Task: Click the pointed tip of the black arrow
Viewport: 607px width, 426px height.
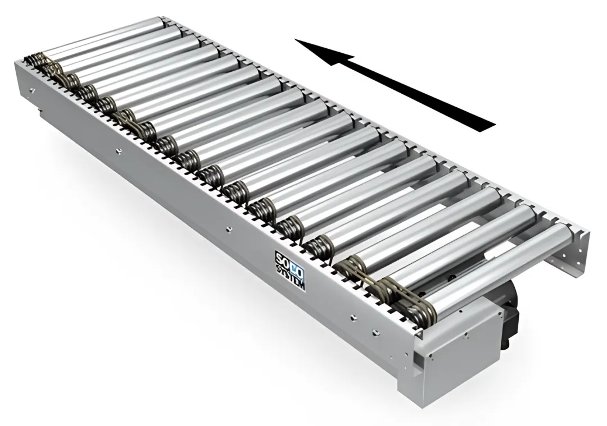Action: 296,39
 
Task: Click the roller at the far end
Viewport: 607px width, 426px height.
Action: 104,36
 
